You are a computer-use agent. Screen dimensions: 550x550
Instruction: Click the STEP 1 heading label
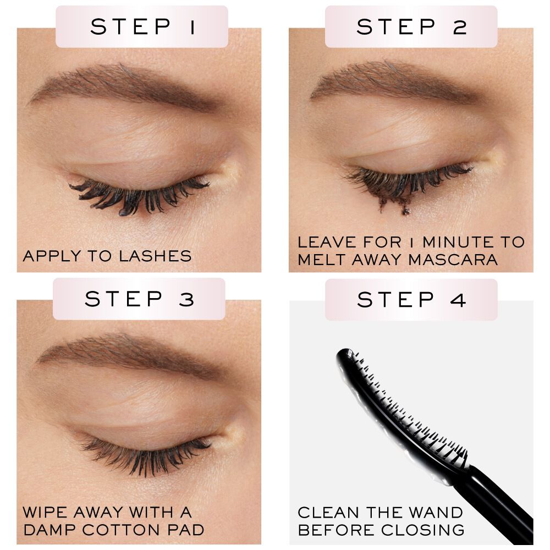click(142, 26)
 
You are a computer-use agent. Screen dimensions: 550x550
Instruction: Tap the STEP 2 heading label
click(411, 26)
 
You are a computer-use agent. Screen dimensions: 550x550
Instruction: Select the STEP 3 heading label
click(139, 299)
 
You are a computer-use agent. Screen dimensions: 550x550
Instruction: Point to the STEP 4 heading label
click(411, 300)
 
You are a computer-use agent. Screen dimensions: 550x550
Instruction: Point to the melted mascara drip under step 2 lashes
click(393, 205)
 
